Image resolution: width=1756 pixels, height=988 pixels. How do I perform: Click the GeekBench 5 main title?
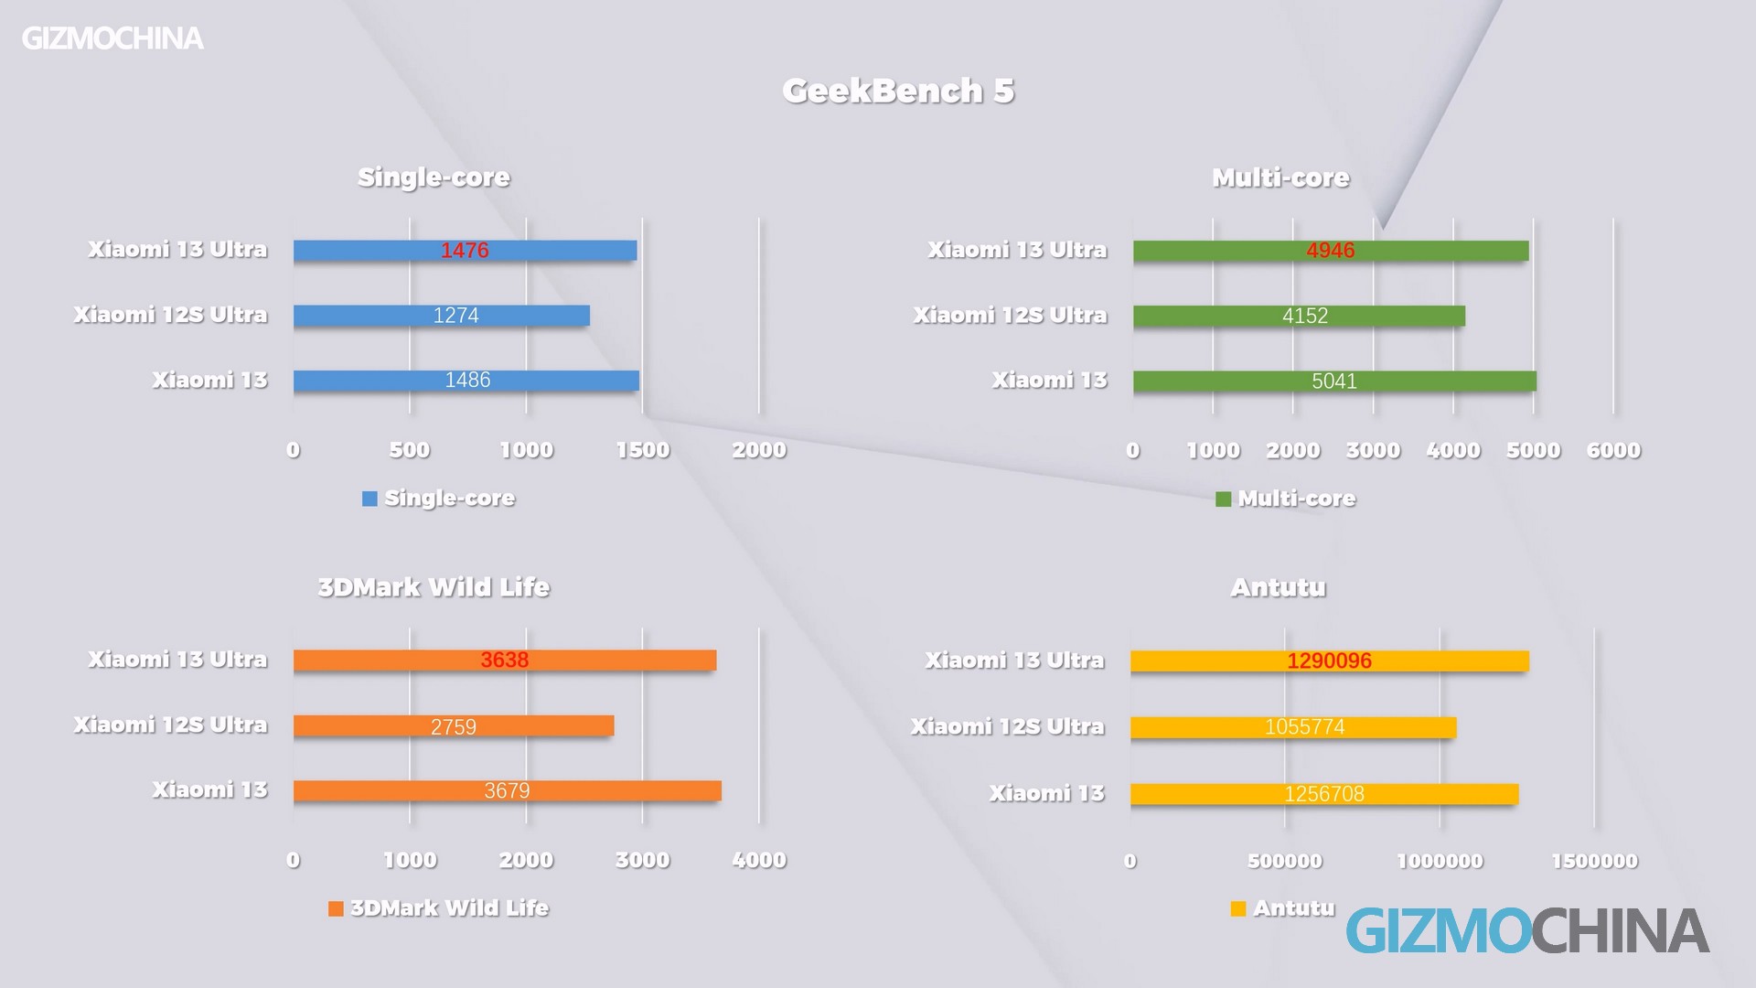[898, 91]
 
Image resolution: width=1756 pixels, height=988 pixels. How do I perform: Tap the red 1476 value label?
[465, 251]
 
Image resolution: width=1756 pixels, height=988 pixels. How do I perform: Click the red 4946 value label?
[1330, 251]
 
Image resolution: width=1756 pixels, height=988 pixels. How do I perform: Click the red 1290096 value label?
[1329, 660]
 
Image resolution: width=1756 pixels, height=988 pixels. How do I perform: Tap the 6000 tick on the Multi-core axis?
[1613, 450]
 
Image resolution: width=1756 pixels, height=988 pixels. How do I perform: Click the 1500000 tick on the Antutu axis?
[1594, 861]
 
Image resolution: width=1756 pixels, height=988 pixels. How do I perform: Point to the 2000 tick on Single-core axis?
[758, 450]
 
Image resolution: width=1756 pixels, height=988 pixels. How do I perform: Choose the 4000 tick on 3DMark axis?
[758, 860]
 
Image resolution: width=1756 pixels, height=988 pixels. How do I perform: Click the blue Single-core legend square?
[369, 499]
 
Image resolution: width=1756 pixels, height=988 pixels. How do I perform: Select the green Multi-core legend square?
[1223, 499]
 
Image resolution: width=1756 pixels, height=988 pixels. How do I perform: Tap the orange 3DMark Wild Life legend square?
[336, 908]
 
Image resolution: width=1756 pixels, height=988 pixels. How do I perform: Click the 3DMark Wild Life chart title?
[434, 587]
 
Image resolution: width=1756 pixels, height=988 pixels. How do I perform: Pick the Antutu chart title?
[1278, 587]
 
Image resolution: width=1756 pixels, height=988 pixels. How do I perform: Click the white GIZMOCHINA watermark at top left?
[112, 38]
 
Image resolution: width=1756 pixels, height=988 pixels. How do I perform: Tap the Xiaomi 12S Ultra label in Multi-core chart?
[1010, 316]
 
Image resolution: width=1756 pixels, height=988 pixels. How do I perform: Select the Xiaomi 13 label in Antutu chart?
[1046, 793]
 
